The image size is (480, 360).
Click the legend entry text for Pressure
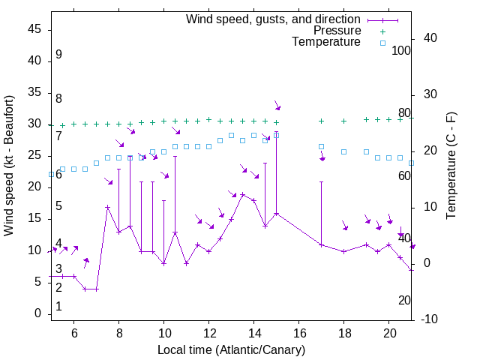coord(337,31)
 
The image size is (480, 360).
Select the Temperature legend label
coord(326,42)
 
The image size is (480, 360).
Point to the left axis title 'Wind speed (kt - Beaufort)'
coord(9,165)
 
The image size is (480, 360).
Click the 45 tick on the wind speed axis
coord(34,29)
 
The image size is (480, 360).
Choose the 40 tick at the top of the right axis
coord(431,38)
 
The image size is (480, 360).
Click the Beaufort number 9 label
coord(58,55)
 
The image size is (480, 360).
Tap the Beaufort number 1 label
coord(58,306)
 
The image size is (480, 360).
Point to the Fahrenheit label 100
coord(401,50)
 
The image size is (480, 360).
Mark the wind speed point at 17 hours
coord(321,245)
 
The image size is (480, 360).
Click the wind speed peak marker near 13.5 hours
coord(242,195)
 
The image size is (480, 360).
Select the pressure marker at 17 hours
coord(321,121)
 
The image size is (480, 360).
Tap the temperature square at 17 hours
coord(321,147)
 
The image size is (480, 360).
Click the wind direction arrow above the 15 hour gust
coord(277,106)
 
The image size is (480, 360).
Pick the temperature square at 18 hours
coord(343,151)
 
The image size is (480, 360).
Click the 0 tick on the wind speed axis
coord(37,313)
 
